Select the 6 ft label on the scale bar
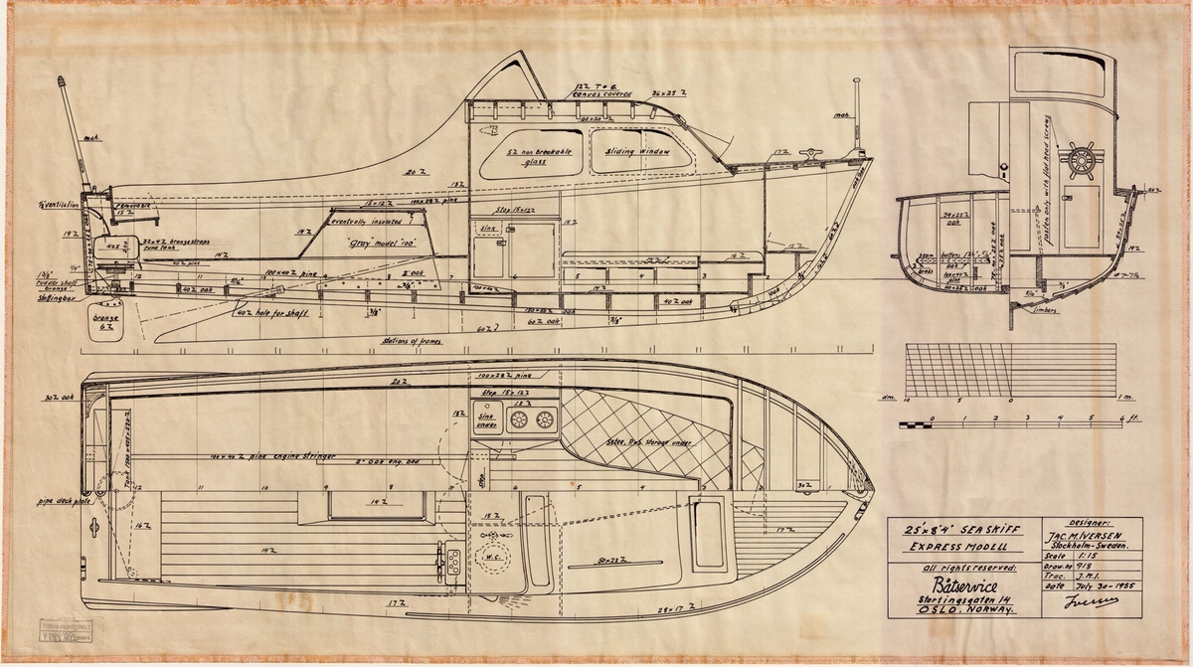[1125, 418]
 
